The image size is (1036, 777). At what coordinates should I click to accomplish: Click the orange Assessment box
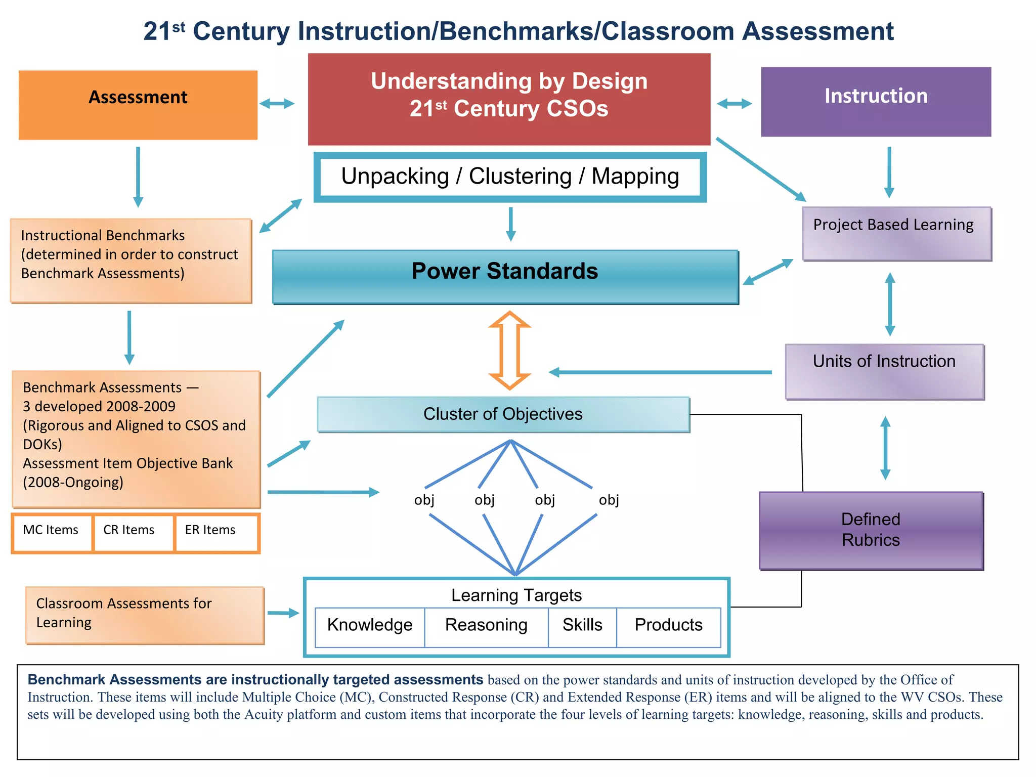point(138,105)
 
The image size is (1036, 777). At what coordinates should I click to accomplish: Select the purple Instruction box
point(876,102)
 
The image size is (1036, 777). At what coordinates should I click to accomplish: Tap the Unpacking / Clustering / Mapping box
point(510,177)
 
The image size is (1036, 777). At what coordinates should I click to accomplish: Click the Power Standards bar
point(505,276)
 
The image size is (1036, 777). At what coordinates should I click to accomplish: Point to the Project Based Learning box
point(896,233)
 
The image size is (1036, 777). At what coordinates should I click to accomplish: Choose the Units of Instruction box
point(884,372)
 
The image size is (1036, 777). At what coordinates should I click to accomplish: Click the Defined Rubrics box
point(871,530)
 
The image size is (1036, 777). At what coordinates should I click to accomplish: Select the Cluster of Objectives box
point(503,414)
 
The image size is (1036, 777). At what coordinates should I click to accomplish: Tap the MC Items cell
point(52,533)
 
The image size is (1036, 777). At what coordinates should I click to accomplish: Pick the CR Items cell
point(133,533)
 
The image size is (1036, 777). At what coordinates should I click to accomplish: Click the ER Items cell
point(216,533)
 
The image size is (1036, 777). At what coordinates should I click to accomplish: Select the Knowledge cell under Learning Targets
point(370,626)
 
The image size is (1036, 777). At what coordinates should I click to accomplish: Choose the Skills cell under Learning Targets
point(582,626)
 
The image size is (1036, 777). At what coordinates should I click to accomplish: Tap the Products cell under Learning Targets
point(668,626)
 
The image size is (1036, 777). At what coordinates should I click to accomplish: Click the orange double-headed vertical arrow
point(509,350)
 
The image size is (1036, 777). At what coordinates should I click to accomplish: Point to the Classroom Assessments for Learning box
point(145,615)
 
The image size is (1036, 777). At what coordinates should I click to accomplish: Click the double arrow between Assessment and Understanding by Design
point(277,104)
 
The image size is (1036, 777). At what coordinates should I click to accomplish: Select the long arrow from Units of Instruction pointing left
point(660,372)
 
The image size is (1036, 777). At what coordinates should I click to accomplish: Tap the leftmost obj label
point(424,500)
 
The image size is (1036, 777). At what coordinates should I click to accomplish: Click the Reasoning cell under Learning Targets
point(486,626)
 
